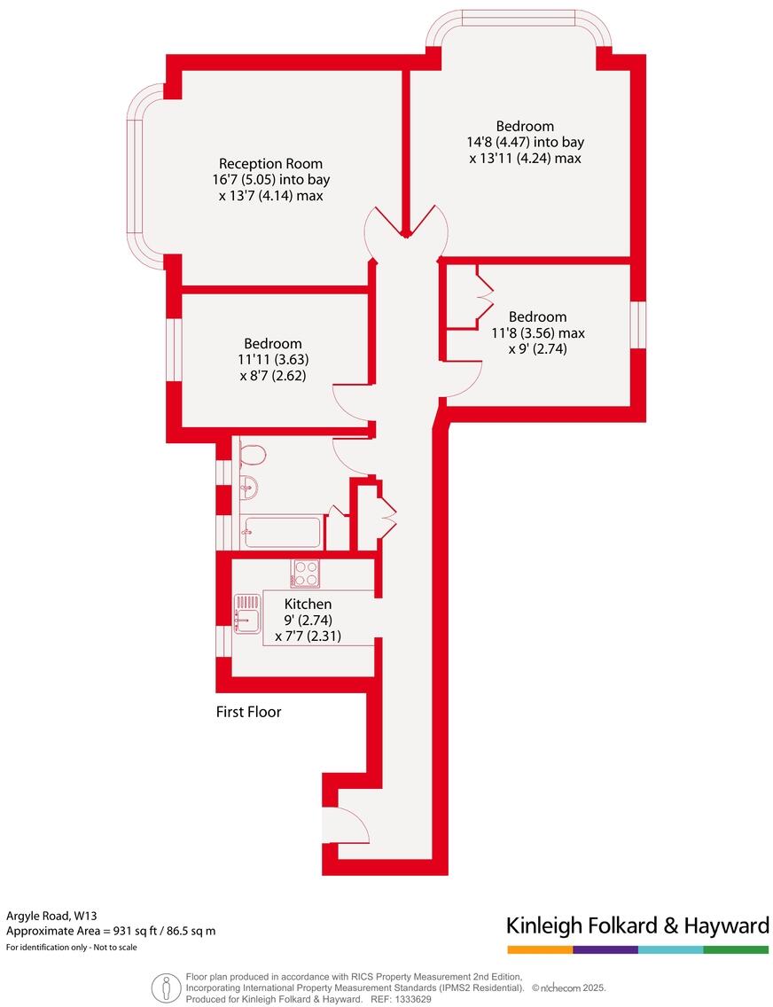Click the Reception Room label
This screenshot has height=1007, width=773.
coord(270,164)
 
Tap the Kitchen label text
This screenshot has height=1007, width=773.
coord(308,605)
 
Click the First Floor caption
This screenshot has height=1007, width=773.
coord(248,712)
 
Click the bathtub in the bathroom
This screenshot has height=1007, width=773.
coord(281,533)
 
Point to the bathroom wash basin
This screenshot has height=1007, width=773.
coord(248,487)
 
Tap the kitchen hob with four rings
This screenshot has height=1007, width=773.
coord(306,574)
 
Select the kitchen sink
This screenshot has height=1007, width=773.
coord(247,614)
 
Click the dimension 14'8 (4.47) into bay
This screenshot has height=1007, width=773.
coord(527,142)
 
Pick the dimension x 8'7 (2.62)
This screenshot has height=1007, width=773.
coord(273,375)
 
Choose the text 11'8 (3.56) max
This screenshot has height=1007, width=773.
coord(538,333)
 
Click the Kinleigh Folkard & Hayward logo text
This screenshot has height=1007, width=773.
coord(636,926)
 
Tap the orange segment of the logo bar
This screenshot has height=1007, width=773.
coord(539,949)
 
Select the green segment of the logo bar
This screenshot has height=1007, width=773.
coord(736,949)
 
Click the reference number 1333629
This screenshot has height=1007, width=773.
coord(411,999)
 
